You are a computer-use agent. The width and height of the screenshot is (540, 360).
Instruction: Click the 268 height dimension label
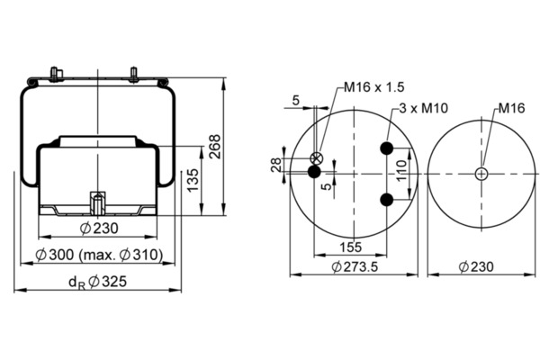215,147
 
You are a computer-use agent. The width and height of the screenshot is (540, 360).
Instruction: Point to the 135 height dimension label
193,180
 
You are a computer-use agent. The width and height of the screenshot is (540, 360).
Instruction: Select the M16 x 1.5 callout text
374,87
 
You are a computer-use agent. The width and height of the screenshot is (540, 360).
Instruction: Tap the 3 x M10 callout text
424,108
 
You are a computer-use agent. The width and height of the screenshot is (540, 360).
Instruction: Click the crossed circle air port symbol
317,158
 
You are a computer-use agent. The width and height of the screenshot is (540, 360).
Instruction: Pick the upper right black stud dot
387,148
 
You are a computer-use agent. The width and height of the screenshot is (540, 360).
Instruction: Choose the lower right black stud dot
387,200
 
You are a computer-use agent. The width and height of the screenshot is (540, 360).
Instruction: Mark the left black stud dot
314,171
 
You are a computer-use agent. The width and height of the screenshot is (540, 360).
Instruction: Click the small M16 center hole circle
481,174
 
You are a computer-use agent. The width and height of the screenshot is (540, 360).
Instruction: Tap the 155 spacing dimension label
351,247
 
